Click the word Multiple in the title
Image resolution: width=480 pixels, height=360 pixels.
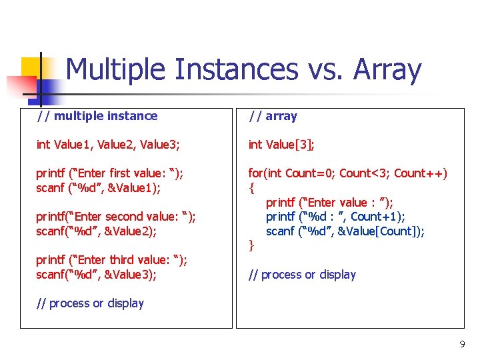115,70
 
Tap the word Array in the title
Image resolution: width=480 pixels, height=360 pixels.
387,70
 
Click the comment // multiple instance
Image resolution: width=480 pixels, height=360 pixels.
97,116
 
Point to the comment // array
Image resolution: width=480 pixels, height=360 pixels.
273,116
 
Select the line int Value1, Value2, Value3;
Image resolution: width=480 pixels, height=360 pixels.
108,145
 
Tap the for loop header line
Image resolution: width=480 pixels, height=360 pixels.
347,173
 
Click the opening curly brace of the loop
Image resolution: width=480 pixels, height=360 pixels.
251,188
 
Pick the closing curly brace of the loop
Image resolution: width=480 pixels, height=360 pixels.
251,246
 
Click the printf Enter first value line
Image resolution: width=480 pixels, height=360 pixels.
109,173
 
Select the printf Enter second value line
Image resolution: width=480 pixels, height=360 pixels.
116,217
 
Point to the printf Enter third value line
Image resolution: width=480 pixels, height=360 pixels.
111,260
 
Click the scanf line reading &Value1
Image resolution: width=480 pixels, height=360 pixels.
98,188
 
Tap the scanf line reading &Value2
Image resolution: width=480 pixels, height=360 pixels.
96,231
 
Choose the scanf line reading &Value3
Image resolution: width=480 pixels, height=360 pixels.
96,275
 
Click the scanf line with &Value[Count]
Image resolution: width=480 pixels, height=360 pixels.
345,231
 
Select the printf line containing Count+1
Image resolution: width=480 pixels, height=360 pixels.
335,217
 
